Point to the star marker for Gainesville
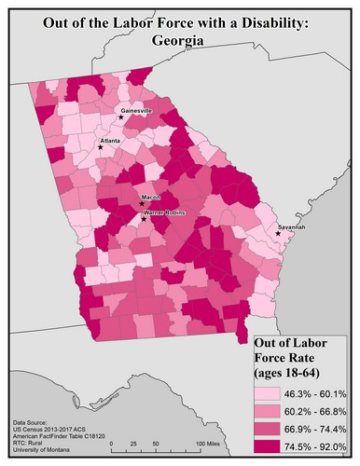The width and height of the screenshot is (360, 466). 121,117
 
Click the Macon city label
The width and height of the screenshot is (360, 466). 151,198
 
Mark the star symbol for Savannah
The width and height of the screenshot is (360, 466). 278,234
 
